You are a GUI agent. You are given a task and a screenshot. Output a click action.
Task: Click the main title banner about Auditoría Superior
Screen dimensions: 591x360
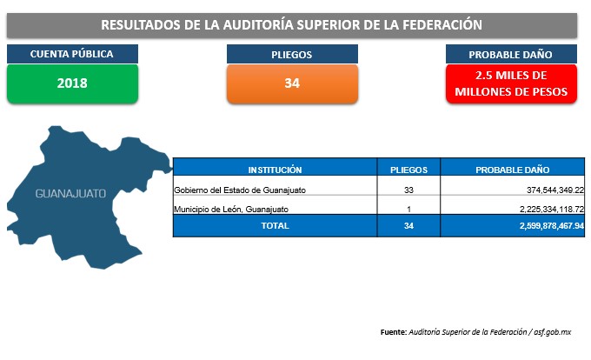[x=292, y=25]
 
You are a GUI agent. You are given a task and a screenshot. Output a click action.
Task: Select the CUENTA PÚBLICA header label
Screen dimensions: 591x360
[x=72, y=54]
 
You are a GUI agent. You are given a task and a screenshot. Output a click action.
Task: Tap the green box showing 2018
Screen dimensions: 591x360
[x=72, y=83]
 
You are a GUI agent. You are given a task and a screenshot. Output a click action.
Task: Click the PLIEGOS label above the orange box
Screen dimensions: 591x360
[x=292, y=54]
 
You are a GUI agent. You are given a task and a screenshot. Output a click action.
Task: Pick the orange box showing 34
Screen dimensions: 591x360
[x=292, y=83]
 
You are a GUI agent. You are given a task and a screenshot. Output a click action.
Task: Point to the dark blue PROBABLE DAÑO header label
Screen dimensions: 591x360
[x=511, y=54]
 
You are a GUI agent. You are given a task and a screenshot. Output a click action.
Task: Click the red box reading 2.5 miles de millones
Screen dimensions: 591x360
[x=511, y=83]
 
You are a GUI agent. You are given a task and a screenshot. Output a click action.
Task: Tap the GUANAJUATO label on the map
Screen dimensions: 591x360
[x=70, y=194]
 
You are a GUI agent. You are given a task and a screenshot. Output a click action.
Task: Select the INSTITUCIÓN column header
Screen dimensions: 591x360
[x=276, y=170]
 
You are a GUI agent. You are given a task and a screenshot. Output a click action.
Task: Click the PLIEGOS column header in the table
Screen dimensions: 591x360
[x=408, y=170]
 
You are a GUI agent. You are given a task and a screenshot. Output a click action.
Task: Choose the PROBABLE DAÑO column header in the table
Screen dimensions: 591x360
[x=512, y=170]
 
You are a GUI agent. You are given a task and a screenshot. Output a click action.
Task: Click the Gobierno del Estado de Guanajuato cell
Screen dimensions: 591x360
[x=240, y=190]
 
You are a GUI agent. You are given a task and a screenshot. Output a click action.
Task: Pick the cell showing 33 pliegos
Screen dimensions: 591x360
[x=408, y=190]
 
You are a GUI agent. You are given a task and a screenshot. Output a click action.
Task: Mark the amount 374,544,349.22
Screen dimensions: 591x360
[x=555, y=190]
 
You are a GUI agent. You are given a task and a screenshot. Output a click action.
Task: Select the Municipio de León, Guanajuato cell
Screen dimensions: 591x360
[x=231, y=210]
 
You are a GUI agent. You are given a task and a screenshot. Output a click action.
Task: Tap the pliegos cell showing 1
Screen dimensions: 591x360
[x=408, y=210]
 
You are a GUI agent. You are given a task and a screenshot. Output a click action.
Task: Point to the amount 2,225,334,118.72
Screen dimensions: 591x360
[x=552, y=210]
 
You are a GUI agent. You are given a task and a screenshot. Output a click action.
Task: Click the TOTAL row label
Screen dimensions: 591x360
[x=276, y=226]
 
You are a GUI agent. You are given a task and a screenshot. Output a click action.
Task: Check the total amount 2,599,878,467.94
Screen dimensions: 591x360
[x=552, y=226]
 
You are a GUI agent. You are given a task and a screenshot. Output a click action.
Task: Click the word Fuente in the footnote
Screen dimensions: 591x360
[x=394, y=332]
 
